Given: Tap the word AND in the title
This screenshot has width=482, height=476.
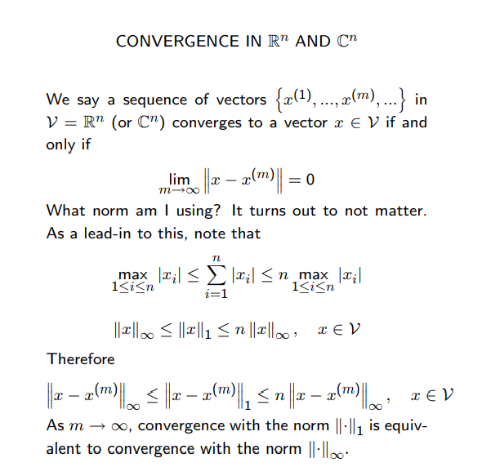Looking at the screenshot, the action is tap(313, 41).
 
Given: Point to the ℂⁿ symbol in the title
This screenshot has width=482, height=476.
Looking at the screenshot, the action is tap(347, 40).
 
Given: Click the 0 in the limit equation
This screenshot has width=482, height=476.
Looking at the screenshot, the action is tap(310, 180).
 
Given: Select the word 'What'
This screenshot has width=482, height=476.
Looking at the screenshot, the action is tap(65, 210).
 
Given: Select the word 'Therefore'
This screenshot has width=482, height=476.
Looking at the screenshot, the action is tap(81, 358).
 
